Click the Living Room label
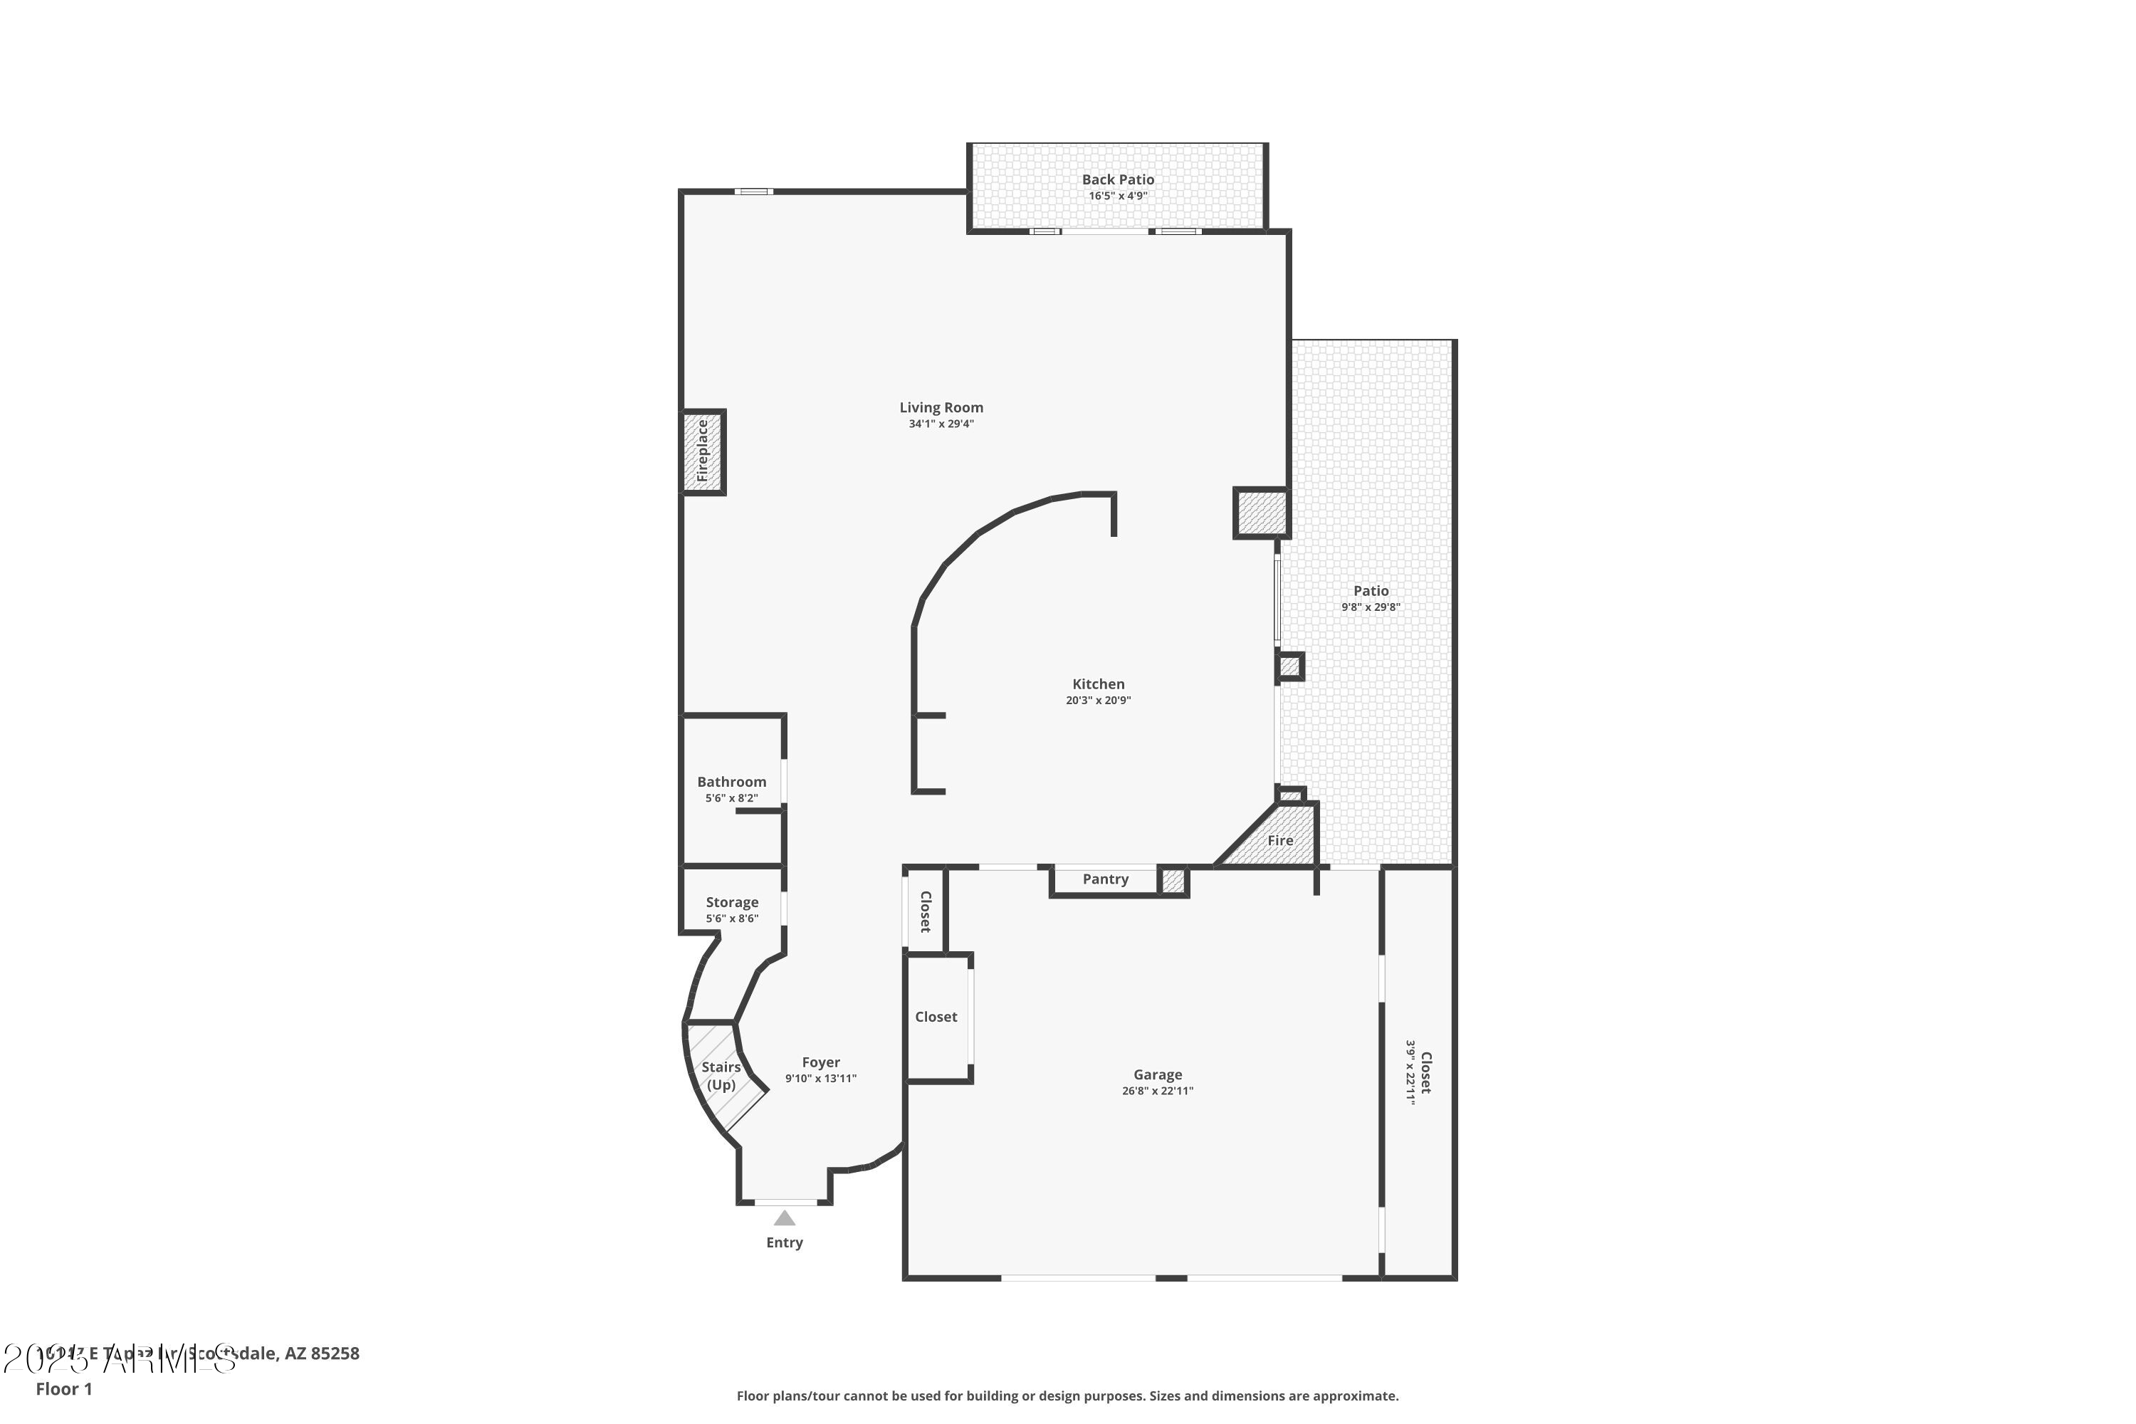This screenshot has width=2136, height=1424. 941,408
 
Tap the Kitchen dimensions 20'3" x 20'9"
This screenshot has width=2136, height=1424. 1098,700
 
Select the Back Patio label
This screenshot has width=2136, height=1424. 1117,180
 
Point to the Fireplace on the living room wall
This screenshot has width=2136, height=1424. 703,451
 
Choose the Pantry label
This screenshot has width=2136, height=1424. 1105,879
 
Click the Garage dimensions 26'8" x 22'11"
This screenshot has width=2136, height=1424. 1157,1091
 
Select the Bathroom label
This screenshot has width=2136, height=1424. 731,782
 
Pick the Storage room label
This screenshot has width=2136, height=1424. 731,902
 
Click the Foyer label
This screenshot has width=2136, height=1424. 820,1062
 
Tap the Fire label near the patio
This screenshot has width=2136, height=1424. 1279,841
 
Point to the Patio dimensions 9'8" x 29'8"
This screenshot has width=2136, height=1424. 1371,607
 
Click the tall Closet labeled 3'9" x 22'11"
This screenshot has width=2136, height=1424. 1418,1072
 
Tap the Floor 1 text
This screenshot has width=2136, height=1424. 63,1388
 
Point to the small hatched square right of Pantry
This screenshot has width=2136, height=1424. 1173,881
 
